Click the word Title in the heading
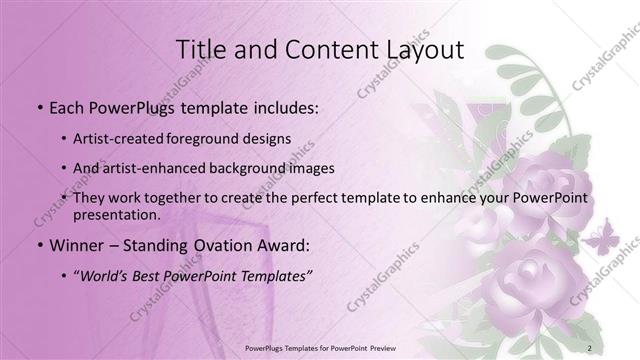click(200, 49)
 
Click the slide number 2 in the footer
click(590, 347)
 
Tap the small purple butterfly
click(599, 240)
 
